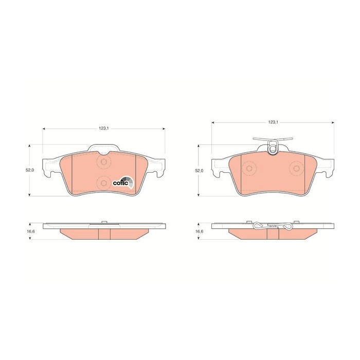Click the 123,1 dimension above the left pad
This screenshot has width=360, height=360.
[x=103, y=129]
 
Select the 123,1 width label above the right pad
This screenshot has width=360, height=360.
[x=273, y=122]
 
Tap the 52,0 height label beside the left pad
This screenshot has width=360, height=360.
[x=30, y=170]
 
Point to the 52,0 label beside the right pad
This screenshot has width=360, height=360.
[x=199, y=171]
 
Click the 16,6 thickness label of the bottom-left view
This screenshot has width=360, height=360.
[x=30, y=231]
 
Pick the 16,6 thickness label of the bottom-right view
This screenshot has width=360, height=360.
[x=199, y=231]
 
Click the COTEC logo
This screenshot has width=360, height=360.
[x=123, y=183]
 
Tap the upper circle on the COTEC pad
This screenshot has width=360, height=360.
[x=104, y=162]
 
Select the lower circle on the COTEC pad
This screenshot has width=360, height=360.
[x=104, y=183]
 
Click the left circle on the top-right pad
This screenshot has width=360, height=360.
[x=249, y=169]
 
